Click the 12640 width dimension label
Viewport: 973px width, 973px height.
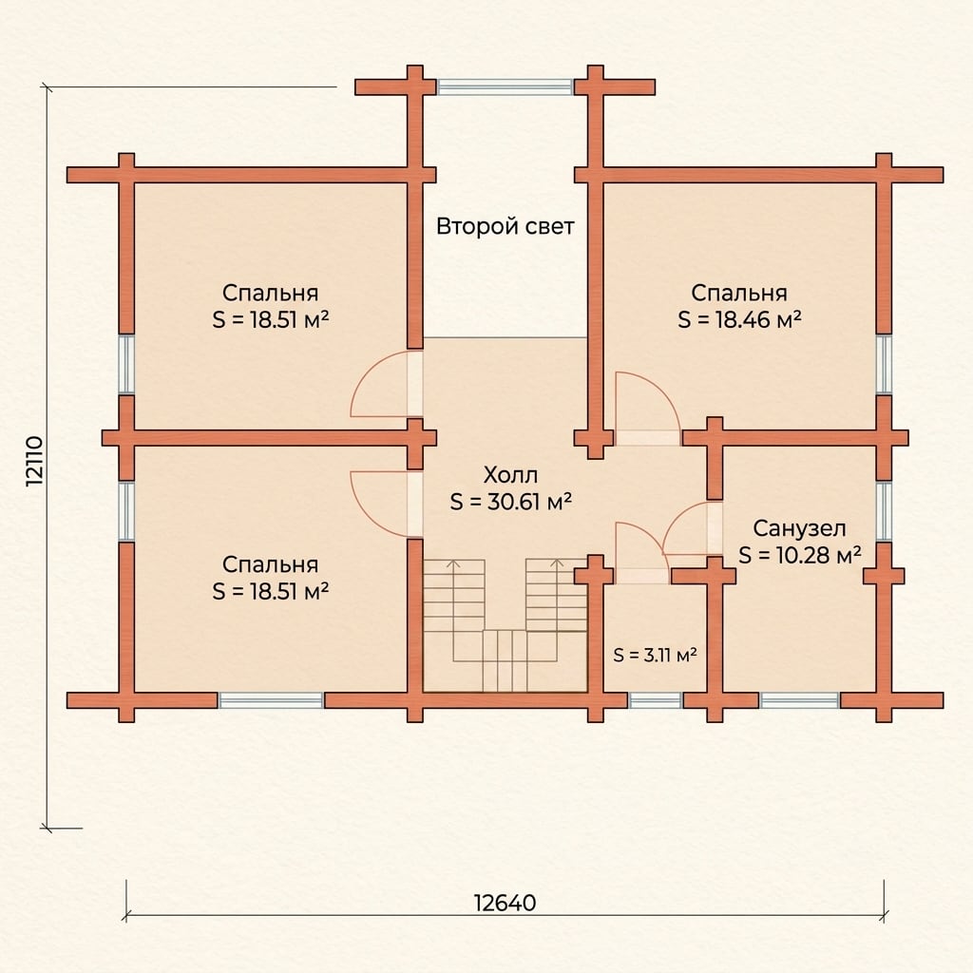click(505, 902)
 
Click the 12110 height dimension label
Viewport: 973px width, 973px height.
click(35, 461)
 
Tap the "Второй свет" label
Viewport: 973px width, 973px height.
click(505, 226)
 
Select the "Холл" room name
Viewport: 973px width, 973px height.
click(510, 475)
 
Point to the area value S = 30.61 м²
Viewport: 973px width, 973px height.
click(510, 502)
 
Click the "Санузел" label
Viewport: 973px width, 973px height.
click(799, 528)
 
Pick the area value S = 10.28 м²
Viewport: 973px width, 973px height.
click(799, 555)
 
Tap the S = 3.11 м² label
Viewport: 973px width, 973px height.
click(655, 655)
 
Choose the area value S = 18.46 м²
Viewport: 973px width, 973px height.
click(739, 319)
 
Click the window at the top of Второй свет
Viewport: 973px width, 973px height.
click(505, 86)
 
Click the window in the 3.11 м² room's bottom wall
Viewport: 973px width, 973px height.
click(655, 700)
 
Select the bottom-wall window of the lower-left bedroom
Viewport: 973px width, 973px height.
click(271, 700)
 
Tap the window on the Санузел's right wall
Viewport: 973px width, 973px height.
click(884, 510)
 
